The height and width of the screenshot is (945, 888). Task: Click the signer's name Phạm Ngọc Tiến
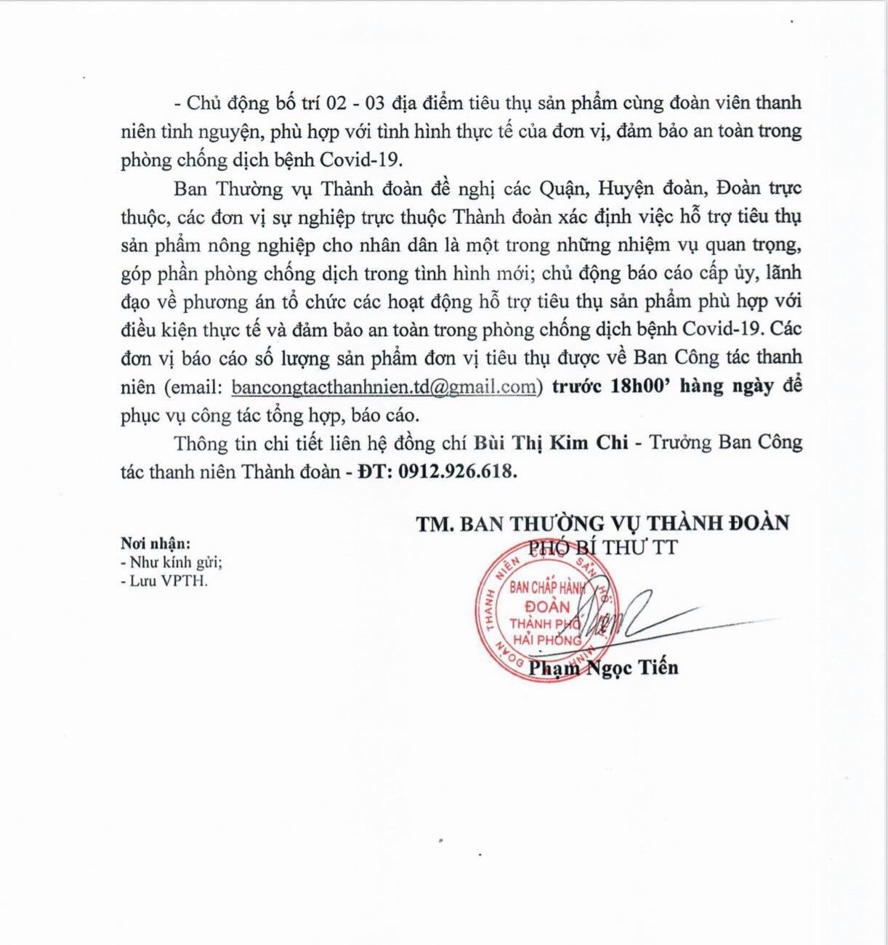click(x=604, y=667)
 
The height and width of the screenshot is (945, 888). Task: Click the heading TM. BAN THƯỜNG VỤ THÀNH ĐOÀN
click(x=602, y=522)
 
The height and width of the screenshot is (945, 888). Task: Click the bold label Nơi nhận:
click(x=156, y=543)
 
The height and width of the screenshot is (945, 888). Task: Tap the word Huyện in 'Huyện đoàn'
click(x=625, y=188)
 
